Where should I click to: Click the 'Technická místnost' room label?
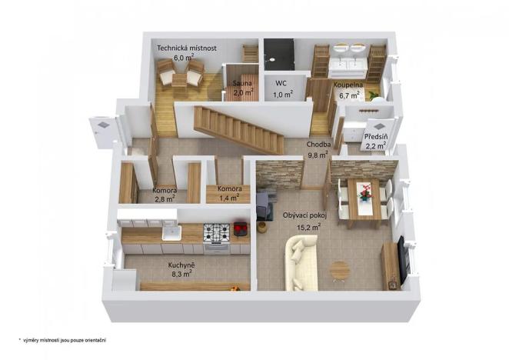pyautogui.click(x=187, y=48)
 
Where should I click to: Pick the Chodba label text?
pyautogui.click(x=318, y=144)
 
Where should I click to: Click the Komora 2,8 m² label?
pyautogui.click(x=165, y=190)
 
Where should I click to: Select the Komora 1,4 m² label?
pyautogui.click(x=230, y=188)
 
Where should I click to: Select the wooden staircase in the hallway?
pyautogui.click(x=238, y=129)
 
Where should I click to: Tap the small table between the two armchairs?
pyautogui.click(x=179, y=77)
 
